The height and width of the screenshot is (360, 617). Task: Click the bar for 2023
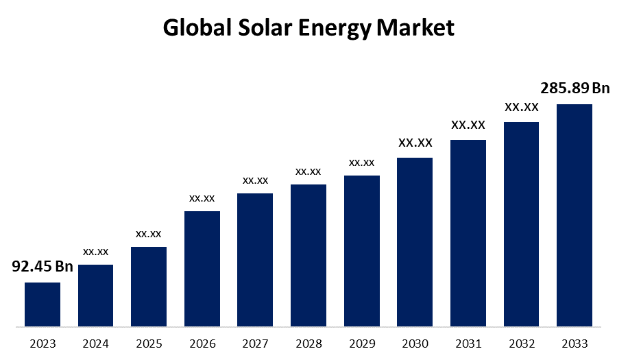click(x=43, y=304)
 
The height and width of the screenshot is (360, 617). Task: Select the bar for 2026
click(x=202, y=268)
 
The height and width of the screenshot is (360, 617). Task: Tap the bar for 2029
click(x=362, y=250)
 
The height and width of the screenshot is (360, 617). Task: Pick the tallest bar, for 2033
click(x=574, y=215)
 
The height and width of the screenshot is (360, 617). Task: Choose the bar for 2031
click(x=468, y=232)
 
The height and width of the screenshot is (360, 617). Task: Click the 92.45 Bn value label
click(x=43, y=266)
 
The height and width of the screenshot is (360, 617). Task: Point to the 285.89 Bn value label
click(x=574, y=88)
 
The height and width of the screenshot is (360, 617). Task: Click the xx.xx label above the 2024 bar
click(x=96, y=252)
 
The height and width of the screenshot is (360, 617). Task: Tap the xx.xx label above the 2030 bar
click(x=415, y=143)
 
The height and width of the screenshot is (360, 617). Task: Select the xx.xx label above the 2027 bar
click(x=255, y=180)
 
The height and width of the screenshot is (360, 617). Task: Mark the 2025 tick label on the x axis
click(x=149, y=344)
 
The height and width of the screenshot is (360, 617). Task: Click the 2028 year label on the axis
click(x=308, y=344)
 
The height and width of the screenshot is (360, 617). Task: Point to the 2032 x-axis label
click(x=521, y=344)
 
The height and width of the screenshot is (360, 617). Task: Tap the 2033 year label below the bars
click(x=574, y=344)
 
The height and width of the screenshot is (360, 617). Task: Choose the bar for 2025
click(x=149, y=286)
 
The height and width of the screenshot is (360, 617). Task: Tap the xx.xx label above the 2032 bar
click(x=521, y=107)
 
